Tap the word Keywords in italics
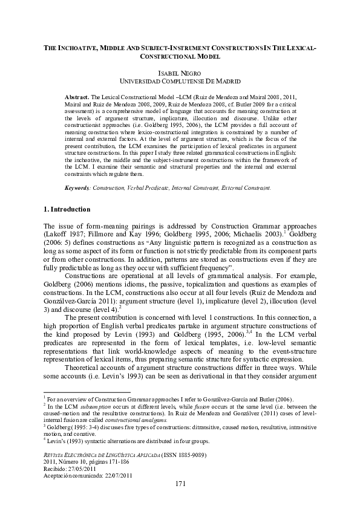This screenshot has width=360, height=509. click(78, 188)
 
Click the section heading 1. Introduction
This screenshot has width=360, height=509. click(67, 210)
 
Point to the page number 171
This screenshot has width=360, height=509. click(180, 484)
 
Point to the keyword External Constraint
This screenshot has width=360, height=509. click(245, 188)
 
